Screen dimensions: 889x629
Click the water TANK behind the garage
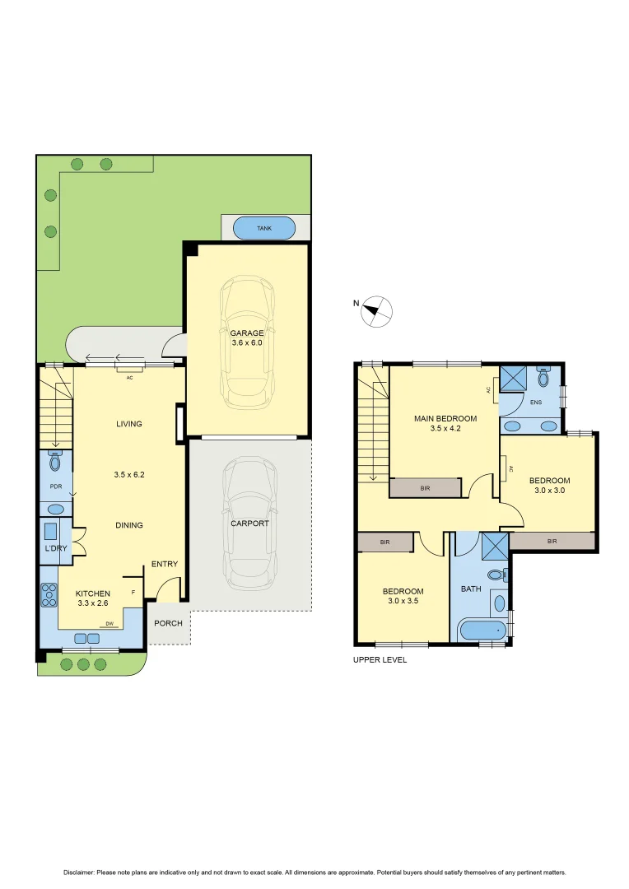[x=264, y=228]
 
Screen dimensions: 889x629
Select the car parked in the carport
[x=249, y=524]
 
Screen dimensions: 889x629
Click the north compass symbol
[x=379, y=310]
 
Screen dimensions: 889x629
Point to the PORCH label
[x=168, y=624]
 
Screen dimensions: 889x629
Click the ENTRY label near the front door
[x=164, y=564]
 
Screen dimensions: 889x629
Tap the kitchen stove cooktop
[x=49, y=594]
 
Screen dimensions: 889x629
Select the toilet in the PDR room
[x=55, y=462]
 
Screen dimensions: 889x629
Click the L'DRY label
[x=56, y=548]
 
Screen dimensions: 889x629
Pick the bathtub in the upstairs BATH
[x=482, y=631]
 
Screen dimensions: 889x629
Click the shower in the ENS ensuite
[x=515, y=378]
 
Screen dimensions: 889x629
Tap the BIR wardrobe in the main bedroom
[x=425, y=488]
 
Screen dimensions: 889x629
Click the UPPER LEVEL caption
[x=380, y=660]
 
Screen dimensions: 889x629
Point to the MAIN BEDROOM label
[x=445, y=418]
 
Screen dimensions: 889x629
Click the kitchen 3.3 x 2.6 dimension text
[x=92, y=603]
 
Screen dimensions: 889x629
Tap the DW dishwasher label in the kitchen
[x=109, y=623]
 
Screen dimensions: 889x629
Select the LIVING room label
[x=128, y=424]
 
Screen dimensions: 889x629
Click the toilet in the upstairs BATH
[x=495, y=575]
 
